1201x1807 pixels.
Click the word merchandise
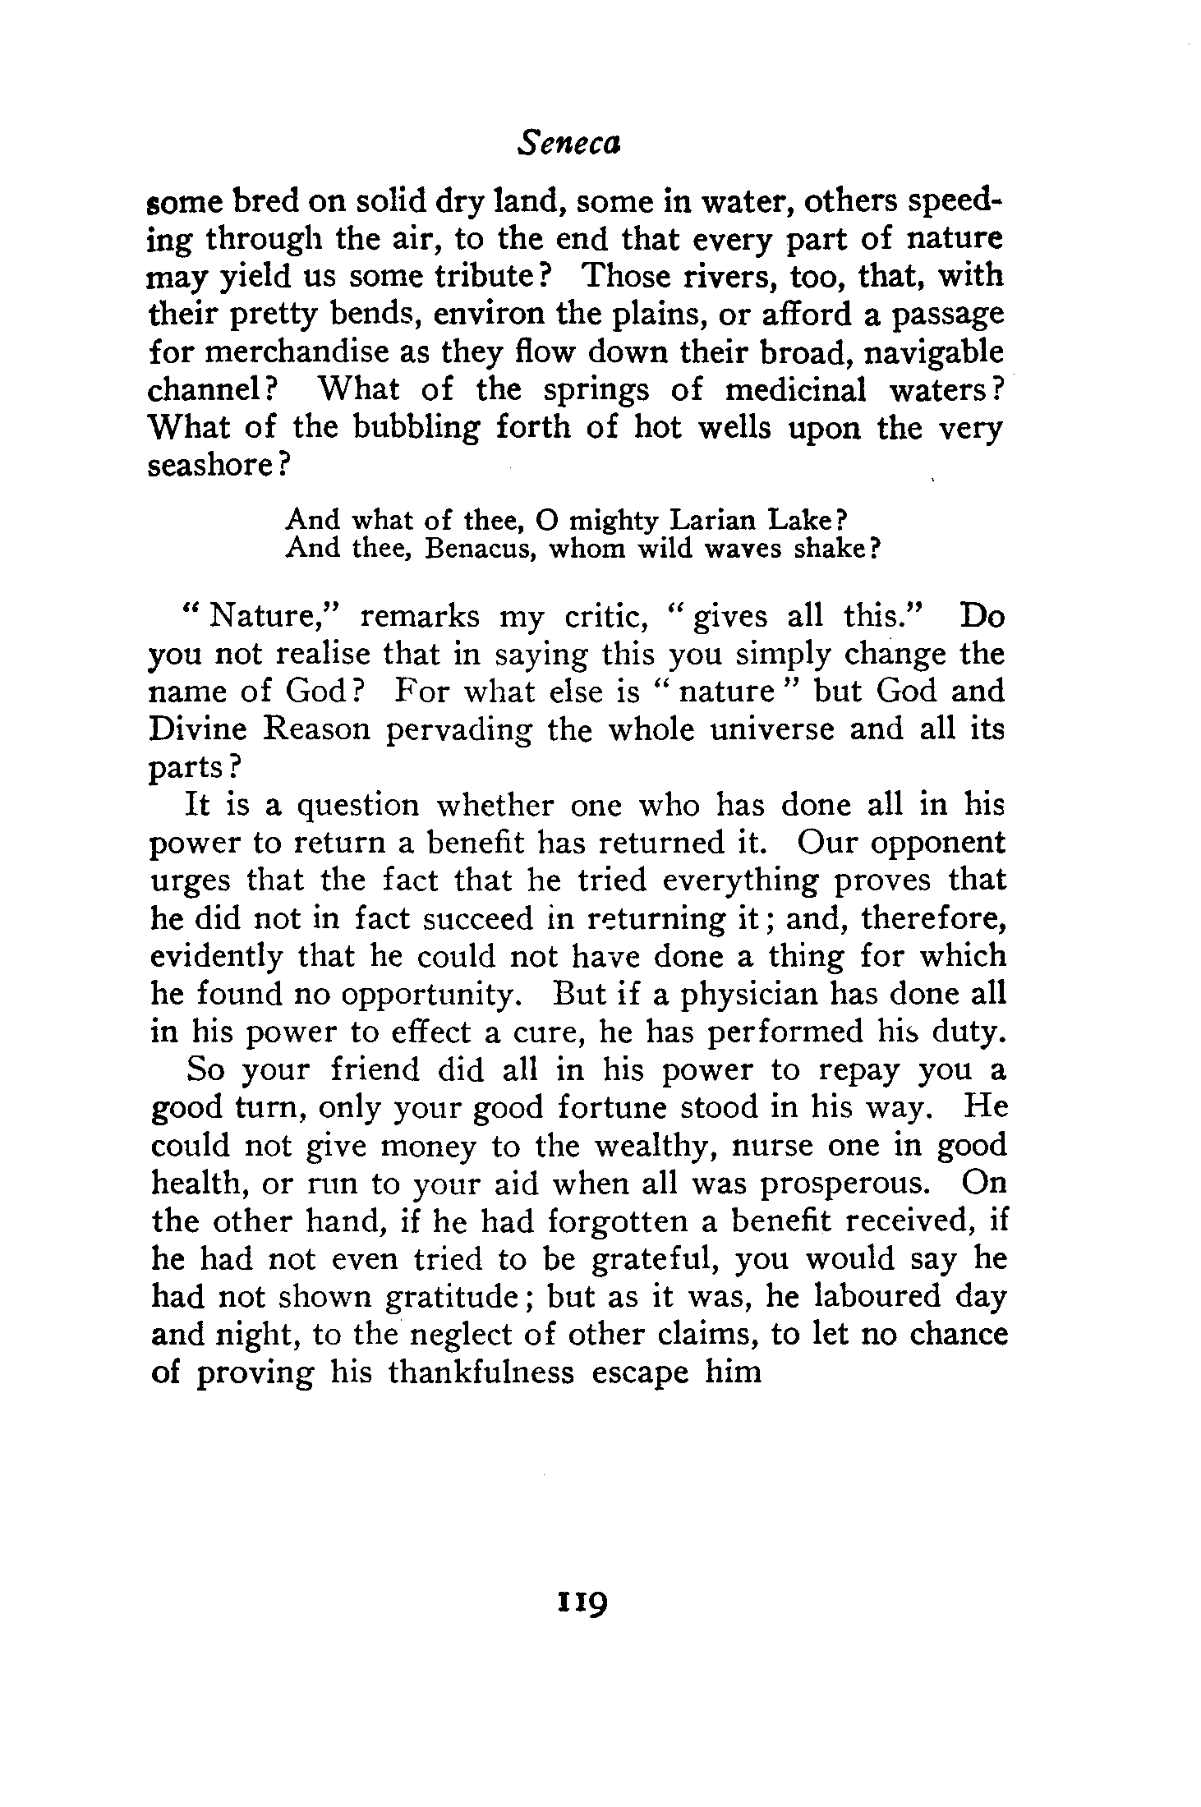(294, 352)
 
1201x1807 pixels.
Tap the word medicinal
(795, 389)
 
